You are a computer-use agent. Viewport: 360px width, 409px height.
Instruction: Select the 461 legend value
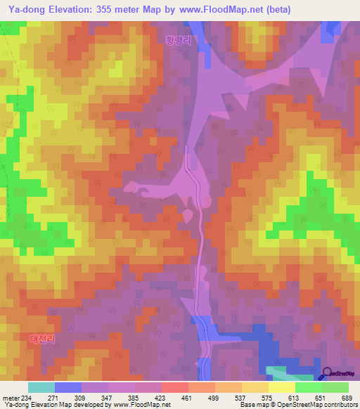click(x=188, y=397)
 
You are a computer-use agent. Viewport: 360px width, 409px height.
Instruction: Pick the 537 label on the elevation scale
click(x=241, y=397)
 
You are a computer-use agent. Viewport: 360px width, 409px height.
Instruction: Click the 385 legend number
click(x=134, y=397)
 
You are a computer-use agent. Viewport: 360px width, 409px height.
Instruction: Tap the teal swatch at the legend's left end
click(x=41, y=387)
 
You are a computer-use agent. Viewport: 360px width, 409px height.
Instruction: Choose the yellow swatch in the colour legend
click(x=281, y=387)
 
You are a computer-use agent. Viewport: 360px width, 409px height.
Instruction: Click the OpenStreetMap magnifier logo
click(x=328, y=373)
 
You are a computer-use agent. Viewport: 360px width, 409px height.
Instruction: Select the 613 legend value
click(x=294, y=397)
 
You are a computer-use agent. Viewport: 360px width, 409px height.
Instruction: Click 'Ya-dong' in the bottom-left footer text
click(x=16, y=405)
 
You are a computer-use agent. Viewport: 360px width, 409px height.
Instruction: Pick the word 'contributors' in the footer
click(x=338, y=405)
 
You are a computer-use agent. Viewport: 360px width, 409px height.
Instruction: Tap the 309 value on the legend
click(x=82, y=397)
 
